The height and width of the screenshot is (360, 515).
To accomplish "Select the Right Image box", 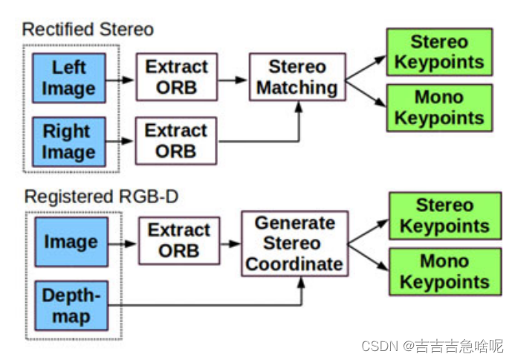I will (x=69, y=141).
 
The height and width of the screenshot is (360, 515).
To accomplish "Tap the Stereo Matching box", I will (x=297, y=77).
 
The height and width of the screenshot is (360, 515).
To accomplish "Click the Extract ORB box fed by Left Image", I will (x=176, y=77).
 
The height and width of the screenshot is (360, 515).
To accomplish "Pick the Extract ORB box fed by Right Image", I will (x=176, y=141).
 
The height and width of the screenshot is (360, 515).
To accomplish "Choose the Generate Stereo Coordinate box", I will (x=294, y=243).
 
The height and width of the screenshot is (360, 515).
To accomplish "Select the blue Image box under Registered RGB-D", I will (x=70, y=242).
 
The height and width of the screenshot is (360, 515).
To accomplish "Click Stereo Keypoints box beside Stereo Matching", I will (x=439, y=51).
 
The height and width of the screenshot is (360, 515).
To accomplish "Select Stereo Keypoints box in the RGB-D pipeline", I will (x=443, y=216).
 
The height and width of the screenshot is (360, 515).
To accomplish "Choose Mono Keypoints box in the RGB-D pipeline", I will (x=443, y=272).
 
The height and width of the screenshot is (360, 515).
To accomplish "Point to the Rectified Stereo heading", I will (x=88, y=30).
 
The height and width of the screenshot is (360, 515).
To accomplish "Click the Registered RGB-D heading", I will (x=91, y=197).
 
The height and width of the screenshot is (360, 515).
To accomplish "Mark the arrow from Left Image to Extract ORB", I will (x=122, y=77).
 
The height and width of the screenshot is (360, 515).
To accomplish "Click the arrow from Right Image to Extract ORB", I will (x=122, y=141).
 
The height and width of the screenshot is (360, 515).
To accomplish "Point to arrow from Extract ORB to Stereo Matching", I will (x=233, y=77).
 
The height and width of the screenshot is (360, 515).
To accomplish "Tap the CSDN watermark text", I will (x=431, y=346).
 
